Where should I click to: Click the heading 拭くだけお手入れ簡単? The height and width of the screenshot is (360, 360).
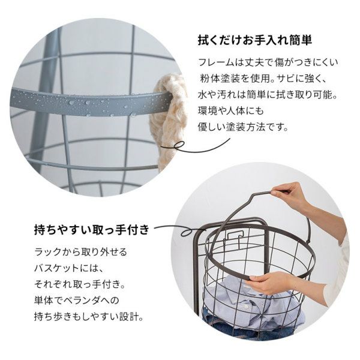tap(254, 41)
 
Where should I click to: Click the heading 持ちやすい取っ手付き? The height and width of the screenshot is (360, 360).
tap(92, 229)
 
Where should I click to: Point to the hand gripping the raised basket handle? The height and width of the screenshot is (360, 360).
tap(290, 194)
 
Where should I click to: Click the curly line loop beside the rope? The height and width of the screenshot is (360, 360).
tap(195, 146)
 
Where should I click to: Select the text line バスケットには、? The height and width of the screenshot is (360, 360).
tap(68, 268)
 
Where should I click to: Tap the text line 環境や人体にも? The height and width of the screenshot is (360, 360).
tap(231, 111)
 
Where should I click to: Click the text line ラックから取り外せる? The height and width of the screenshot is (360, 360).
tap(80, 252)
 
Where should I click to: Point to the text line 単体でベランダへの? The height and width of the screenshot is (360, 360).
tap(77, 301)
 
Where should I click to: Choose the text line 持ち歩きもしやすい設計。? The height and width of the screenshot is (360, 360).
tap(89, 317)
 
